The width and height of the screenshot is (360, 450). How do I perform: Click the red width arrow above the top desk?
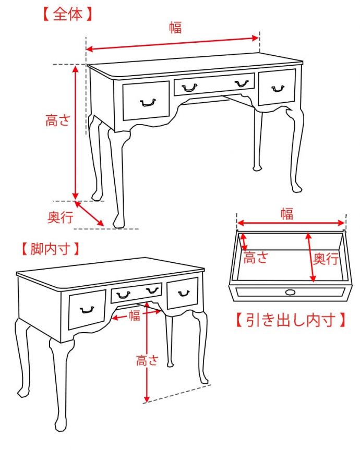(x=172, y=43)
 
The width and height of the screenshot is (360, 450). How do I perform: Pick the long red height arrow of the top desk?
(x=76, y=130)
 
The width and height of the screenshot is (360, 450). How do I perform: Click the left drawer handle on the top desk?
(x=148, y=102)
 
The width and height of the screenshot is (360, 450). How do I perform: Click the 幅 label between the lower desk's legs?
(x=135, y=315)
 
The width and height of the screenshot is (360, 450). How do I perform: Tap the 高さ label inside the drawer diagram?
(x=257, y=258)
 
